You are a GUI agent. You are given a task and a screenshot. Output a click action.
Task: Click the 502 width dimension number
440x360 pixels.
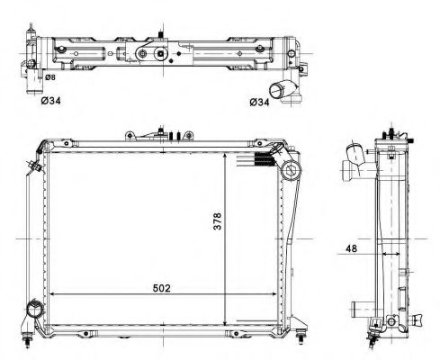(161, 288)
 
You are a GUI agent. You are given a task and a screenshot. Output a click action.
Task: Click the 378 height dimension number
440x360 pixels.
(217, 221)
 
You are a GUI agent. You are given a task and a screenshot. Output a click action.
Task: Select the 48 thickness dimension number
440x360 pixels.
(352, 248)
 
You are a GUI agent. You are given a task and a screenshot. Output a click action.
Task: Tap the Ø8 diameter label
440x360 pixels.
(50, 77)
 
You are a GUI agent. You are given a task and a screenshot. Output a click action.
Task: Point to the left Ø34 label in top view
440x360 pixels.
(50, 101)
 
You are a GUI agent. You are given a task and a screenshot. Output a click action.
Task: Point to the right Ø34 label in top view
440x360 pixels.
(259, 103)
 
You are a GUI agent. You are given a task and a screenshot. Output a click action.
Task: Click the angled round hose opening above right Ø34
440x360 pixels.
(275, 90)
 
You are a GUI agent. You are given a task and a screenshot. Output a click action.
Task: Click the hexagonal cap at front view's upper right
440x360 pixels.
(291, 170)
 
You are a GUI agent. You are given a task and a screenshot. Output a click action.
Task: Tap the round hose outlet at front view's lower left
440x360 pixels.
(35, 310)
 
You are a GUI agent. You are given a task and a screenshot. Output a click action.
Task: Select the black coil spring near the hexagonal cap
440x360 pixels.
(265, 159)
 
